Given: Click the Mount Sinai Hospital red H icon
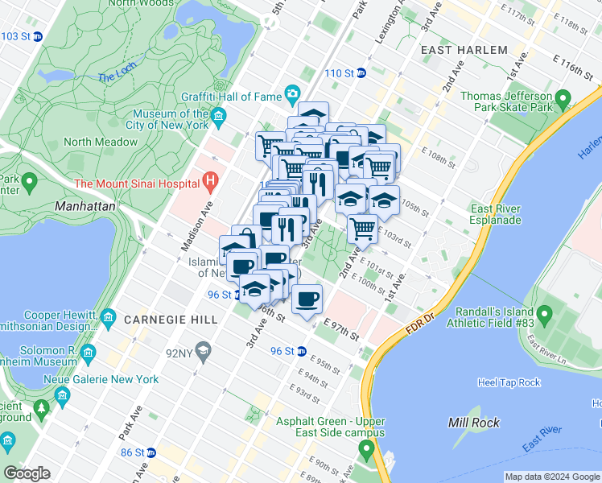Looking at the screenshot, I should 212,183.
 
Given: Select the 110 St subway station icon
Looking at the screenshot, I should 361,73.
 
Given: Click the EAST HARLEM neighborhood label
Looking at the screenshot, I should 464,50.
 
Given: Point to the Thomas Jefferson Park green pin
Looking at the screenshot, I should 563,100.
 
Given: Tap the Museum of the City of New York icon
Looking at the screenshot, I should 218,119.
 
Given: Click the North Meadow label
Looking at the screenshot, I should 101,142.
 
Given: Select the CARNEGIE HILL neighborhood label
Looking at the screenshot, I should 171,320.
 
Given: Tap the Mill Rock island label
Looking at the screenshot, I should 474,423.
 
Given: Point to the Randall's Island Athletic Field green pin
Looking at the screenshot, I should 545,312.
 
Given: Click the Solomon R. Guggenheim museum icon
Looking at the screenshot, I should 88,353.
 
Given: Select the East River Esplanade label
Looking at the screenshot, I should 496,214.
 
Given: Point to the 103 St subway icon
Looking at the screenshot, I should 36,36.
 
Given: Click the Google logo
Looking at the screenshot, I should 27,473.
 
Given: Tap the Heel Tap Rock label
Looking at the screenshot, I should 509,382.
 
